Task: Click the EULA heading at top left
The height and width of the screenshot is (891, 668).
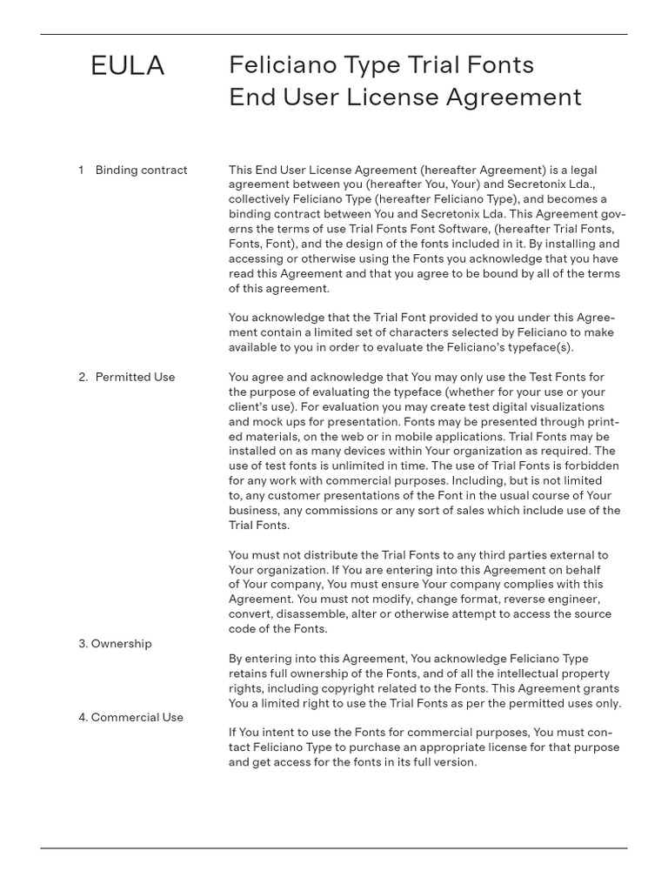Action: pos(127,66)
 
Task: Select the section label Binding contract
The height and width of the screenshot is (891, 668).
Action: pos(141,170)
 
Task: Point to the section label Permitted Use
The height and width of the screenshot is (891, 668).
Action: pos(135,377)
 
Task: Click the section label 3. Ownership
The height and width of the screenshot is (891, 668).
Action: pos(115,644)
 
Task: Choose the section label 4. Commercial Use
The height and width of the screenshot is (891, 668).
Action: pos(130,717)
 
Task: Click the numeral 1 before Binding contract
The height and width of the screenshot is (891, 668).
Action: pos(81,170)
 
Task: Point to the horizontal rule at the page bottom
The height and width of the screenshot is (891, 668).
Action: pos(334,847)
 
